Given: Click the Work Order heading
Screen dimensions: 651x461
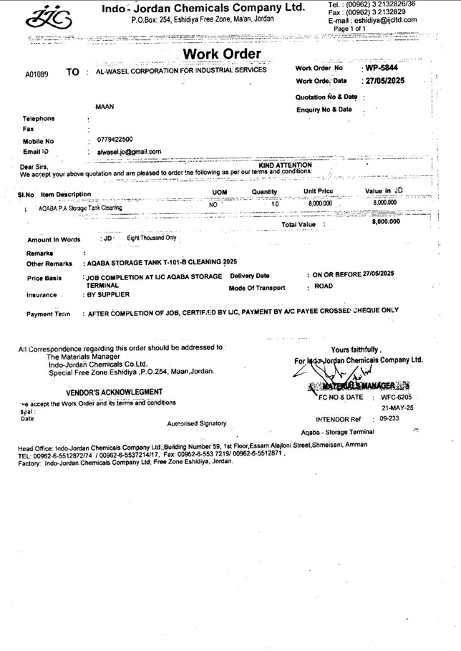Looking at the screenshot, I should coord(222,54).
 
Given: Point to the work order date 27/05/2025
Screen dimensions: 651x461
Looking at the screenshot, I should coord(384,81).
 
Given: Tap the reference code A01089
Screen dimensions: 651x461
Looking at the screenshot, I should coord(37,74).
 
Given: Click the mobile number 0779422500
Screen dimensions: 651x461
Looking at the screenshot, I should coord(114,139).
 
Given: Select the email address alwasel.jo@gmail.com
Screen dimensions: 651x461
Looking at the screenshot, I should coord(127,151).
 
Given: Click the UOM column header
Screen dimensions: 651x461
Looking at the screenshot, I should coord(220,192).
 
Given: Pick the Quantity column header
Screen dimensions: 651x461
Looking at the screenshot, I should coord(264,192).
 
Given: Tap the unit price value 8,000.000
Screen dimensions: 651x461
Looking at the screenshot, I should coord(320,204).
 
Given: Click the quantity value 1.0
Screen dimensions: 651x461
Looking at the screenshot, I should coord(275,204).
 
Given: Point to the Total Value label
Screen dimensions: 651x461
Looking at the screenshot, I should coord(298,224).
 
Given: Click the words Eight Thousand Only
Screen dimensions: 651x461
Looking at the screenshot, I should coord(151,237).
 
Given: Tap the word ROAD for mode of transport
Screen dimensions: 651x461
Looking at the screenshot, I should coord(323,286).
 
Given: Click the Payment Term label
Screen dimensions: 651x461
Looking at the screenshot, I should coord(48,314).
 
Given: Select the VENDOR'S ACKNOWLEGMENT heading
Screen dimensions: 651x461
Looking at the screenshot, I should coord(114,392).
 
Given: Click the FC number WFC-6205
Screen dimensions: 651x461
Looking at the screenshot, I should coord(397,396).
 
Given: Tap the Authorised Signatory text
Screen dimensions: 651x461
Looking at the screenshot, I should coord(196,423).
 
